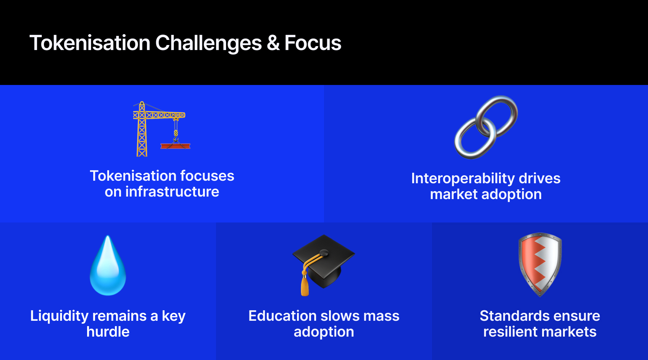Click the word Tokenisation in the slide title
pyautogui.click(x=90, y=43)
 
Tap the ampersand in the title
pyautogui.click(x=273, y=43)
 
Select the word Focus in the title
pyautogui.click(x=313, y=43)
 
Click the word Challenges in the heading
pyautogui.click(x=208, y=44)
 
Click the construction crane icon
pyautogui.click(x=162, y=129)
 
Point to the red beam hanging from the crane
pyautogui.click(x=175, y=146)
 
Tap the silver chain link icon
pyautogui.click(x=486, y=127)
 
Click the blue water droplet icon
pyautogui.click(x=108, y=265)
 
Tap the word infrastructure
pyautogui.click(x=172, y=192)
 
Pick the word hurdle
pyautogui.click(x=108, y=332)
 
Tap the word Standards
pyautogui.click(x=510, y=316)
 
